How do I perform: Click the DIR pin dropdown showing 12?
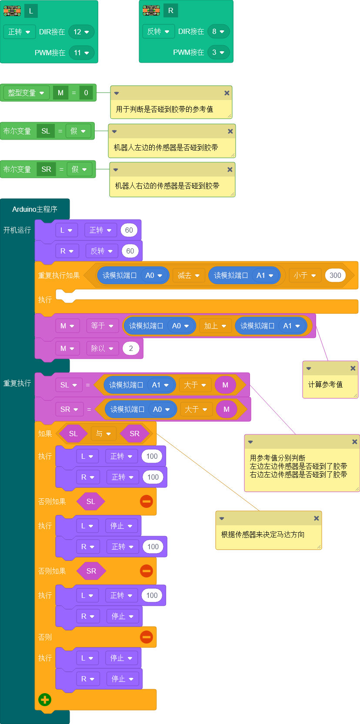click(x=81, y=32)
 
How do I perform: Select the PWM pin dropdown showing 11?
click(x=81, y=53)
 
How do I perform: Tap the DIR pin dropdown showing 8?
click(x=218, y=31)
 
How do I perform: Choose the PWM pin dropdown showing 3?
click(x=218, y=52)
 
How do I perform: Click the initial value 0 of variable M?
click(x=86, y=93)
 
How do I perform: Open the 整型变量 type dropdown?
click(x=26, y=93)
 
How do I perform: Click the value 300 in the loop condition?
click(x=335, y=275)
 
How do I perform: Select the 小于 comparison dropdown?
click(x=305, y=275)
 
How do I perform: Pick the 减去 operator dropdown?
click(x=189, y=275)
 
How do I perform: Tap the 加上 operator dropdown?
click(x=215, y=326)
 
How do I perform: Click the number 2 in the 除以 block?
click(x=131, y=348)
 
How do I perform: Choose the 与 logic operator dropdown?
click(x=103, y=434)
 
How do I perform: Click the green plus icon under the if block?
click(x=45, y=700)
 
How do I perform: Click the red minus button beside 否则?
click(x=147, y=637)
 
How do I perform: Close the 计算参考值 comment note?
click(x=353, y=368)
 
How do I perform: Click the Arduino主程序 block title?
click(x=35, y=209)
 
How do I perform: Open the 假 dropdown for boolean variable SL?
click(x=78, y=131)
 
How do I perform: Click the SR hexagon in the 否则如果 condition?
click(x=91, y=571)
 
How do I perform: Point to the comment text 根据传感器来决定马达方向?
click(x=263, y=534)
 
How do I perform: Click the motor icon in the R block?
click(x=151, y=10)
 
